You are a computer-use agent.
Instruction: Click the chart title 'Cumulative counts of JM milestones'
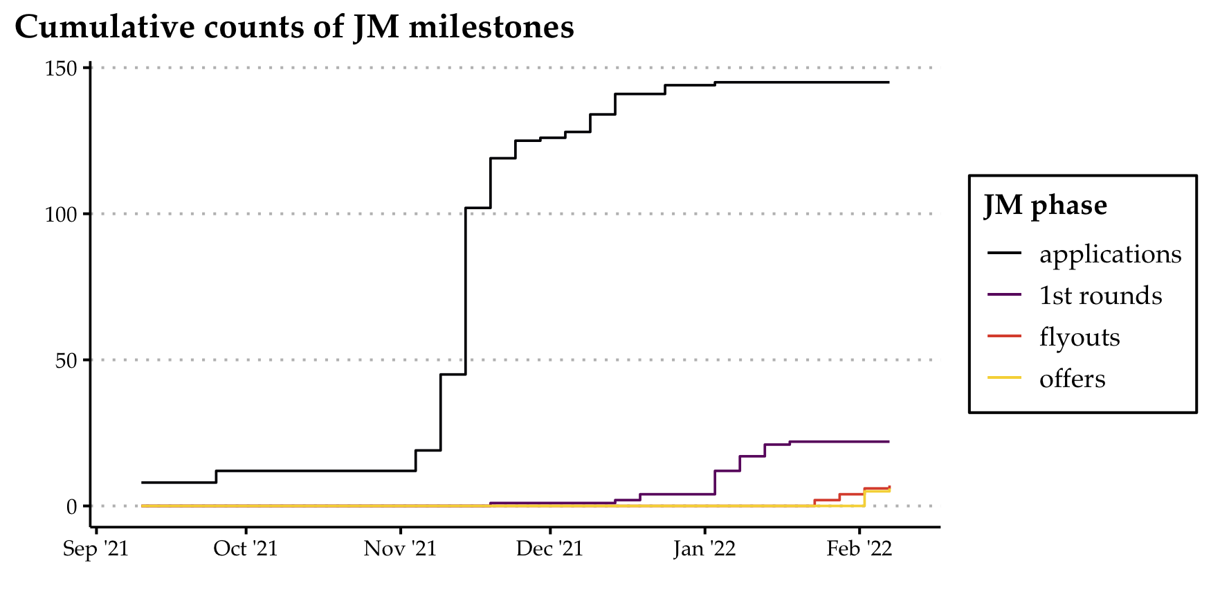[294, 28]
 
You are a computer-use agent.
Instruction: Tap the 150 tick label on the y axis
[62, 69]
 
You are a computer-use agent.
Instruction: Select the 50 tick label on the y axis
[66, 361]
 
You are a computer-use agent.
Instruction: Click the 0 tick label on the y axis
[72, 507]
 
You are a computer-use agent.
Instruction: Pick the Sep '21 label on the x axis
[95, 549]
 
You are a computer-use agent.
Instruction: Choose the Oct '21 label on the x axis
[246, 549]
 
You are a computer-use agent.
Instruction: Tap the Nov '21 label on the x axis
[401, 549]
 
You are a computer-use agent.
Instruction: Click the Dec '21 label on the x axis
[550, 549]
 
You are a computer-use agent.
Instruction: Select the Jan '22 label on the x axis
[704, 549]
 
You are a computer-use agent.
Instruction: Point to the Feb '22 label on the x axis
[859, 549]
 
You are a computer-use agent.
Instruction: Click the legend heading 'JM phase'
[1045, 206]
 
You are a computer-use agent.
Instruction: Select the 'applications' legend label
[1110, 254]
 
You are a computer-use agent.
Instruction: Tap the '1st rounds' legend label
[1100, 296]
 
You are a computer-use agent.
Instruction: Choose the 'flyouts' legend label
[1080, 337]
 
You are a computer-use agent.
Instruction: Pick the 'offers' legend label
[1072, 379]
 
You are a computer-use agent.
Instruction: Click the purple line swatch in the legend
[1004, 295]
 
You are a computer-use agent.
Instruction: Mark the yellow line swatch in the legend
[1004, 378]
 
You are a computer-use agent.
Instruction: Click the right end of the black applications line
[889, 82]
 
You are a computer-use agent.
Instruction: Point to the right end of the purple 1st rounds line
[889, 441]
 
